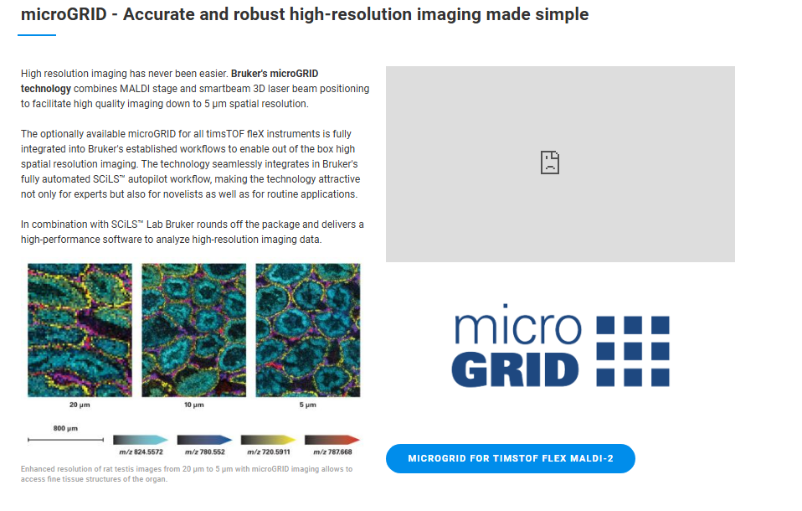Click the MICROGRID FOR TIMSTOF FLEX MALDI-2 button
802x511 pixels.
[x=510, y=458]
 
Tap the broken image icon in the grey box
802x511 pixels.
[x=550, y=163]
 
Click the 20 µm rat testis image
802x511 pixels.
[x=80, y=330]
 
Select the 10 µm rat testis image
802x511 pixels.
[x=194, y=330]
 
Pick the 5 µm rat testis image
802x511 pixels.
[x=308, y=330]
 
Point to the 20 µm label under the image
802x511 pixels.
[x=80, y=405]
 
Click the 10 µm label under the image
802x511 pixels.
[x=194, y=405]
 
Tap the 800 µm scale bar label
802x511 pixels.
[x=65, y=428]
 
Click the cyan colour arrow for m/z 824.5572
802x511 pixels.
[x=141, y=440]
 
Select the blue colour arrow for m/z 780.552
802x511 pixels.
[x=204, y=440]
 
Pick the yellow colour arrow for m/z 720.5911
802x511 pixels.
[x=269, y=440]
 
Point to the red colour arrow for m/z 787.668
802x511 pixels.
[x=332, y=440]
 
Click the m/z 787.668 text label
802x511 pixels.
[x=332, y=452]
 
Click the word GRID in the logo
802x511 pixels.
[x=515, y=369]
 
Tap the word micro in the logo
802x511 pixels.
[x=517, y=325]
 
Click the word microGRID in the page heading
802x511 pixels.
[x=64, y=14]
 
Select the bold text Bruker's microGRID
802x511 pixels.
[x=275, y=73]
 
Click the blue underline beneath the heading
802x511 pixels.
[x=37, y=35]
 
